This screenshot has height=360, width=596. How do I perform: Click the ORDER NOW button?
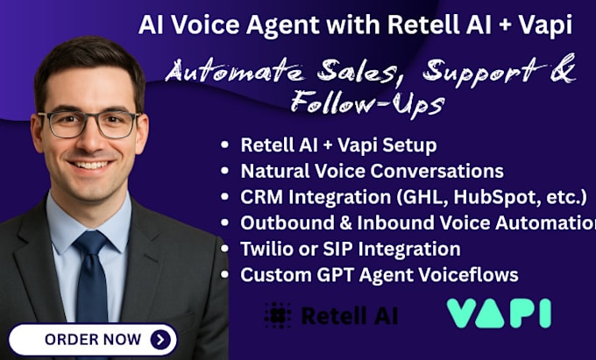93,339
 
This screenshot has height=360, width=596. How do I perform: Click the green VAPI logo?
498,313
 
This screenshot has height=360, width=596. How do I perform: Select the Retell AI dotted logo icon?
278,314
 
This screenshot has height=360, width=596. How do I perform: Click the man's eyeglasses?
90,124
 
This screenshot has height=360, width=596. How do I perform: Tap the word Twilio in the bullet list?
266,249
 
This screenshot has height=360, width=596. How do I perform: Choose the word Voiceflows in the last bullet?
468,275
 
